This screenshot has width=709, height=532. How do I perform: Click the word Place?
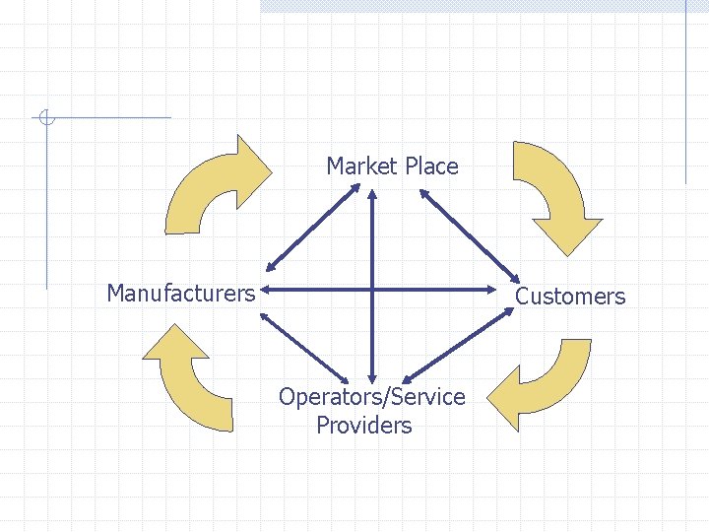click(x=428, y=166)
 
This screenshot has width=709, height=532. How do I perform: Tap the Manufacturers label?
click(x=181, y=293)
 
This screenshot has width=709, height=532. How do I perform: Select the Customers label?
click(x=570, y=296)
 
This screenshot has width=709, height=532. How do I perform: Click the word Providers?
click(x=364, y=426)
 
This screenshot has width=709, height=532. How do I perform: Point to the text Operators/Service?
click(x=371, y=397)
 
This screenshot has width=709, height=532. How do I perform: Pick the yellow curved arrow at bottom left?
click(x=192, y=379)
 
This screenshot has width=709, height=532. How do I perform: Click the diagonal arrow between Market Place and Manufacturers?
click(x=314, y=226)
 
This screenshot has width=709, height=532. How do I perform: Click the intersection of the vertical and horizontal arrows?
click(x=372, y=290)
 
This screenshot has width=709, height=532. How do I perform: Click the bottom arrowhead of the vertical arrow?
click(x=372, y=377)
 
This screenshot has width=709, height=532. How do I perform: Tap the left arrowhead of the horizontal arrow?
click(x=266, y=290)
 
